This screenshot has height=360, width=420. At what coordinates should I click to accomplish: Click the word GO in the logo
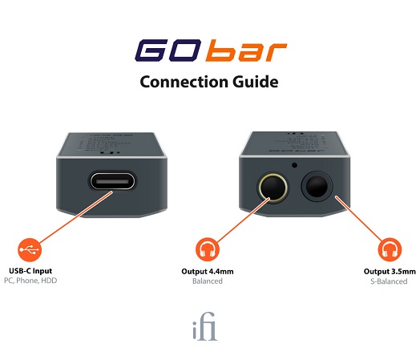tap(168, 50)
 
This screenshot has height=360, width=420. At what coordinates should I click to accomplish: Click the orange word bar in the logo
tap(246, 51)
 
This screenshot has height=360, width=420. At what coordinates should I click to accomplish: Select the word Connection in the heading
tap(184, 82)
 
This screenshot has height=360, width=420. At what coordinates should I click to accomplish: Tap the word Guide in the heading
tap(255, 82)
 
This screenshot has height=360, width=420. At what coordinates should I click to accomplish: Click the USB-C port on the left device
tap(112, 181)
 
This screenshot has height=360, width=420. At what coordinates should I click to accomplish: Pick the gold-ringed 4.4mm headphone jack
tap(273, 188)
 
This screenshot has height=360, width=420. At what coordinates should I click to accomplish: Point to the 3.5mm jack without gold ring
tap(317, 186)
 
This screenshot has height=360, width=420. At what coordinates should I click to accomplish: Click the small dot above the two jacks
tap(295, 165)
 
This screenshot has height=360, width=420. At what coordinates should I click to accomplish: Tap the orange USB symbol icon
tap(30, 249)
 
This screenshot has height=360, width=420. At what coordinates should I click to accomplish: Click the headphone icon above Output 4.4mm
tap(208, 249)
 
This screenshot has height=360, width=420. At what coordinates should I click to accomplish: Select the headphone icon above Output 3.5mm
tap(390, 249)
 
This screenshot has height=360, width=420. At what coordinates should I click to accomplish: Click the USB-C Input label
tap(30, 271)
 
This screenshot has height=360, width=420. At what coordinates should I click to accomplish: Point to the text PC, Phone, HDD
tap(30, 281)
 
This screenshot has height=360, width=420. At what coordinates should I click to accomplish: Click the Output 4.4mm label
tap(208, 271)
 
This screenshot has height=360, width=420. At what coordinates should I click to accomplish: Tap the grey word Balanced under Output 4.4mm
tap(208, 281)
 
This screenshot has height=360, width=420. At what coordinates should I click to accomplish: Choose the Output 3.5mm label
tap(390, 271)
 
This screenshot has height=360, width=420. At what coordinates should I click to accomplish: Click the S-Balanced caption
tap(389, 281)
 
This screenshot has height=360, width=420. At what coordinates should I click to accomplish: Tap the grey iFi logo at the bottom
tap(205, 326)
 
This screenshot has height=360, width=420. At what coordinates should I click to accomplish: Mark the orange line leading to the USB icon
tap(76, 217)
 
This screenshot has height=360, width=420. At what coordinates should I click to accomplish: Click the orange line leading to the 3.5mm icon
tap(359, 219)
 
